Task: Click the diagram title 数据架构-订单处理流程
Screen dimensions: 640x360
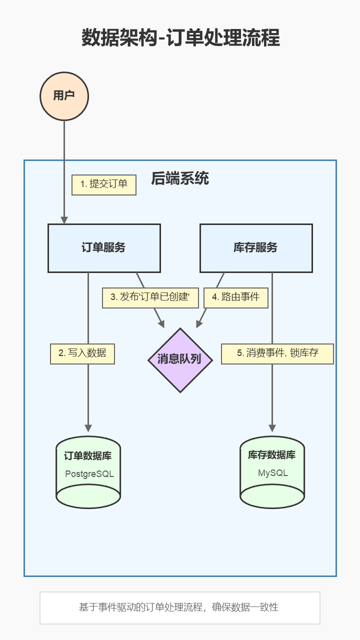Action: pos(180,38)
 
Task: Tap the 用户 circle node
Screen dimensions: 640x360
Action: pos(64,96)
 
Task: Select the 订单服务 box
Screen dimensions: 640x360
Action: pos(104,248)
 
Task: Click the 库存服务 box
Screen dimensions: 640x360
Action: pos(256,248)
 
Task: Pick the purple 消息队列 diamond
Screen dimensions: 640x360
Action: pos(180,360)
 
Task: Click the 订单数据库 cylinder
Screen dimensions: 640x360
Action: pos(88,472)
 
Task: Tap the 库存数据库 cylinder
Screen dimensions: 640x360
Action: pos(272,472)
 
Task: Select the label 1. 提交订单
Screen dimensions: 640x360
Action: pos(104,184)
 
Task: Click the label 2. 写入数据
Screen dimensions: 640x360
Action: pos(82,353)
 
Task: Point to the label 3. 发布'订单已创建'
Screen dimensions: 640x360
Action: pos(150,297)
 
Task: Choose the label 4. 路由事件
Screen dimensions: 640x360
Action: pos(236,297)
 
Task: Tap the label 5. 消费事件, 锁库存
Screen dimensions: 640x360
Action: pos(277,353)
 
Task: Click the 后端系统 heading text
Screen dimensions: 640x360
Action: pos(180,178)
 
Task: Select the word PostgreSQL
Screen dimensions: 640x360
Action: pos(89,474)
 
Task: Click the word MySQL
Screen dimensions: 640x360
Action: pos(273,473)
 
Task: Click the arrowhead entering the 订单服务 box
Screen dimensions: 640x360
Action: pos(64,220)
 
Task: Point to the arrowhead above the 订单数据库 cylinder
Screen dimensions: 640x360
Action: pos(88,428)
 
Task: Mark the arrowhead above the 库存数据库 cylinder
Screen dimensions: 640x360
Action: pos(272,428)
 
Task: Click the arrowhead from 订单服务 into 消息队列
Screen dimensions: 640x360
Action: pos(161,324)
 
